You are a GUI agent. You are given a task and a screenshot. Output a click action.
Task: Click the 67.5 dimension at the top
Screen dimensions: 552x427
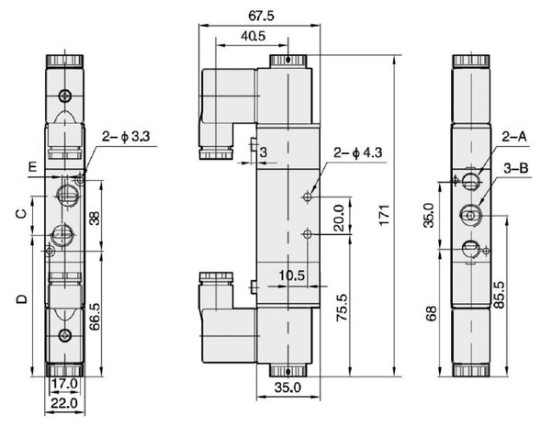(x=261, y=16)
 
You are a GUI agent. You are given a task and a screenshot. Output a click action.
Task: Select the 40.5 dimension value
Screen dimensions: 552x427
(x=253, y=36)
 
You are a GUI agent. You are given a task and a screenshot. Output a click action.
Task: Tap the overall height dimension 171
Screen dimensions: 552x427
(x=385, y=215)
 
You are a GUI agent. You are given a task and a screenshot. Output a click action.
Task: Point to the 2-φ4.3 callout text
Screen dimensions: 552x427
(x=357, y=152)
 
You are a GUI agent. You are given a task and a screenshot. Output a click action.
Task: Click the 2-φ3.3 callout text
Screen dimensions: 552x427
(x=126, y=136)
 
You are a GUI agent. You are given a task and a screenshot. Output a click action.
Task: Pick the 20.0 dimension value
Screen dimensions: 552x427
(x=339, y=218)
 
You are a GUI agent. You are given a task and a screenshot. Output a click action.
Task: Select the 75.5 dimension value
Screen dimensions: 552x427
(x=342, y=308)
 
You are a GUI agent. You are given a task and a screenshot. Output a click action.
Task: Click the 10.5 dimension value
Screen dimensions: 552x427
(x=292, y=275)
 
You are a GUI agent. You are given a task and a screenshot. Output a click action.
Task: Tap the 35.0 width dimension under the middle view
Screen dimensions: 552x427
(x=287, y=388)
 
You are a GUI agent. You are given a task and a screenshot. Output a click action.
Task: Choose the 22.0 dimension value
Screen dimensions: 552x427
(x=64, y=403)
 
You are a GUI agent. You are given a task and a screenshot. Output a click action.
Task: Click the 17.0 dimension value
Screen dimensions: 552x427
(x=64, y=384)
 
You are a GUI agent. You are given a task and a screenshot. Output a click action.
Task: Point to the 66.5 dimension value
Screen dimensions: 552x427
(x=95, y=317)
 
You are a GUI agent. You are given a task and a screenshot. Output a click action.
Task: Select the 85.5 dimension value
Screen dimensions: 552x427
(x=499, y=295)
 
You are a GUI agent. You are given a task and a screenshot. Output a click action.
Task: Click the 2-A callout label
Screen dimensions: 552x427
(x=514, y=136)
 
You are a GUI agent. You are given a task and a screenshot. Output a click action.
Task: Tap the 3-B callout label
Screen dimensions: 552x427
(x=516, y=168)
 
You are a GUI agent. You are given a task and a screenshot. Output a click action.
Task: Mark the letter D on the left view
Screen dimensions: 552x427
(x=22, y=299)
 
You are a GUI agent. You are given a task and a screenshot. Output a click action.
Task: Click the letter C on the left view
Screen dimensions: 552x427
(x=22, y=213)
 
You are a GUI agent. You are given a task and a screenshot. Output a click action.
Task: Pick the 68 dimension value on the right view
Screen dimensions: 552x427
(x=432, y=313)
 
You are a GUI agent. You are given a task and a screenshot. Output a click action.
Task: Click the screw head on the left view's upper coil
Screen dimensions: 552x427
(x=65, y=96)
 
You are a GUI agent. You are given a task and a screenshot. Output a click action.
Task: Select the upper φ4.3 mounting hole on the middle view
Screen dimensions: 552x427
(x=308, y=197)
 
